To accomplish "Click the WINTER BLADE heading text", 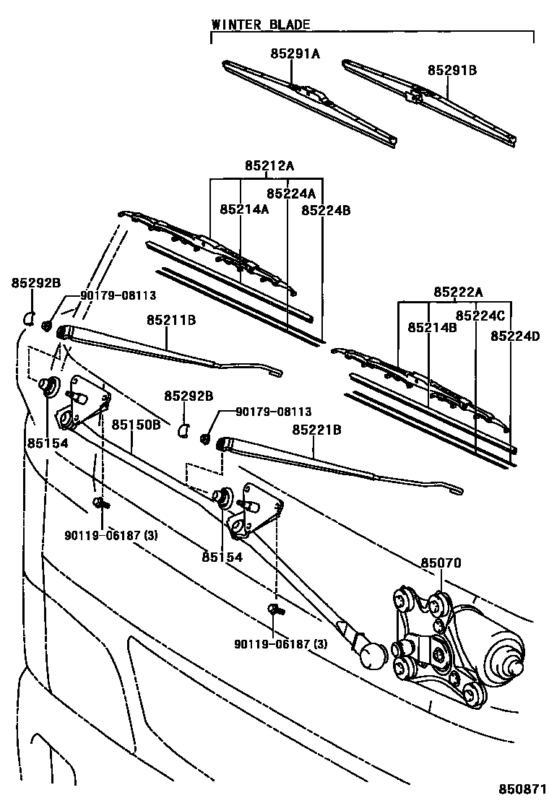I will coord(260,25).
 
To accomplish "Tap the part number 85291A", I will coord(295,53).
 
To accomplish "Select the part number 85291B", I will coord(451,70).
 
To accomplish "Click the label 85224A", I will coord(291,194).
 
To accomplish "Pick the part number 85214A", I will coord(244,209).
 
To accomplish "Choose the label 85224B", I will coord(326,210).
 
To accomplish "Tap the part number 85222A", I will coord(458,292).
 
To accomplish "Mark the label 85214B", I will coord(432,327).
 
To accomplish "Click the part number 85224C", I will coord(480,316).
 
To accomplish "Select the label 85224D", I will coord(515,336).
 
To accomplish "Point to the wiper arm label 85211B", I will coord(171,319).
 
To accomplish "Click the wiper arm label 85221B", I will coord(316,430).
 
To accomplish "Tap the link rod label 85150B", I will coord(136,425).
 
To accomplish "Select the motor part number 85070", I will coord(441,563).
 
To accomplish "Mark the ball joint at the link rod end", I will coord(373,656).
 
